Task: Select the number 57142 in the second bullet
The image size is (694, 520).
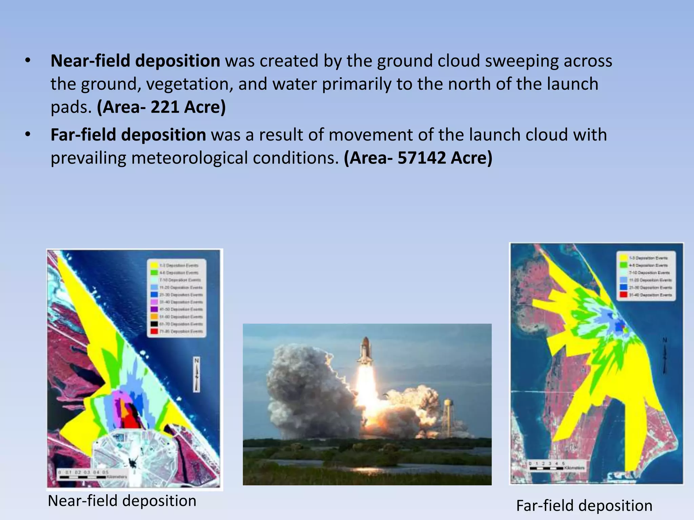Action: coord(421,158)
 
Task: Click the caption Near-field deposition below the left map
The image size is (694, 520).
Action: coord(122,501)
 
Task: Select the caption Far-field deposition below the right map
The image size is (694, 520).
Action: coord(584,506)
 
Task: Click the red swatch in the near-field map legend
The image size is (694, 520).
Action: coord(154,331)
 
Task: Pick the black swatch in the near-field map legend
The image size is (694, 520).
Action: coord(154,324)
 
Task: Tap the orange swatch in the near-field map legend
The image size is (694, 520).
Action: coord(154,317)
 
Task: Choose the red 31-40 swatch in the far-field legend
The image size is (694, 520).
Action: coord(623,295)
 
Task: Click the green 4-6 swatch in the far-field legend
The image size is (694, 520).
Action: coord(623,265)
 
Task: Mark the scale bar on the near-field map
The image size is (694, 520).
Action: coord(83,477)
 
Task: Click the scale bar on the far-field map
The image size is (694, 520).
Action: coord(546,468)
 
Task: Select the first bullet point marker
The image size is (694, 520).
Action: coord(28,61)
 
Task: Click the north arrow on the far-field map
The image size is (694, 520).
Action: coord(665,355)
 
